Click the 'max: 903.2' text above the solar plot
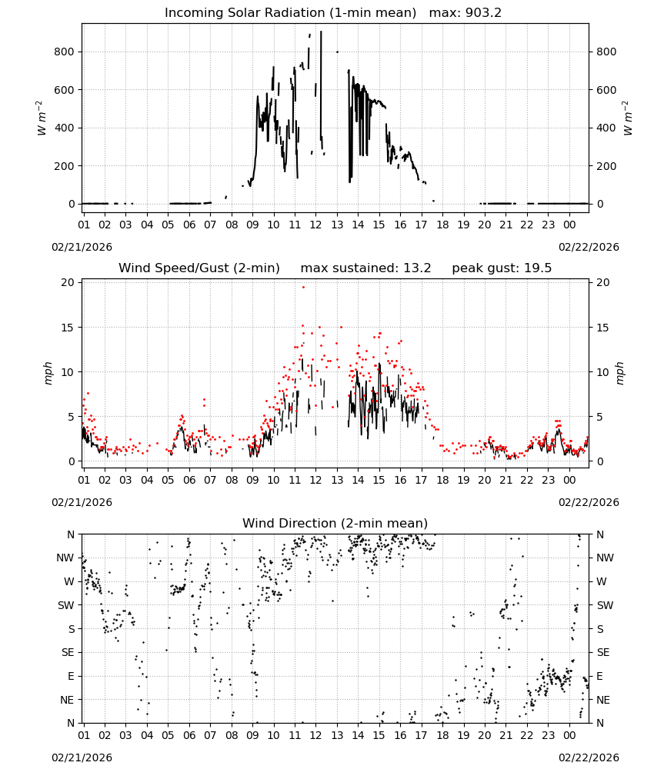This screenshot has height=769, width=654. pyautogui.click(x=465, y=13)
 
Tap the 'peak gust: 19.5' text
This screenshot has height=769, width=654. pyautogui.click(x=502, y=268)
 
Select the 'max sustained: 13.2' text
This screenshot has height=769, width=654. pyautogui.click(x=365, y=268)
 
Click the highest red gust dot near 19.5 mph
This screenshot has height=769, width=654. pyautogui.click(x=303, y=287)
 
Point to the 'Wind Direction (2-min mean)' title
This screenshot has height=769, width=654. pyautogui.click(x=335, y=523)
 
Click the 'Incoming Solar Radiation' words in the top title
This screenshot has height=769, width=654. pyautogui.click(x=245, y=13)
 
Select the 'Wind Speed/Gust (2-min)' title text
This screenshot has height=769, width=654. pyautogui.click(x=199, y=268)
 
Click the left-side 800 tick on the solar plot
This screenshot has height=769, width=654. pyautogui.click(x=65, y=52)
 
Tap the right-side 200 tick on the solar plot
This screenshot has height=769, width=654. pyautogui.click(x=606, y=166)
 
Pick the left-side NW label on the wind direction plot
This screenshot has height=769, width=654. pyautogui.click(x=65, y=558)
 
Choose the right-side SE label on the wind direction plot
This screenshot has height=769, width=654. pyautogui.click(x=603, y=653)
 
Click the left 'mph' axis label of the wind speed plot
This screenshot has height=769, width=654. pyautogui.click(x=48, y=373)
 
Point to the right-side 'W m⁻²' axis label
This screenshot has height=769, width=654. pyautogui.click(x=628, y=118)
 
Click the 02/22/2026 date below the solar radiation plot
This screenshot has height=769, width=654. pyautogui.click(x=589, y=247)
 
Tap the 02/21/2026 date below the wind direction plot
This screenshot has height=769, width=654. pyautogui.click(x=82, y=757)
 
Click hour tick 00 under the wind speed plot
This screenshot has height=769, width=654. pyautogui.click(x=569, y=480)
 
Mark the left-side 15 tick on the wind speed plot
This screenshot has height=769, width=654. pyautogui.click(x=68, y=328)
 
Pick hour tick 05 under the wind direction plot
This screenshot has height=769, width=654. pyautogui.click(x=168, y=735)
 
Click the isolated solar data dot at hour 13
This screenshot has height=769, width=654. pyautogui.click(x=337, y=52)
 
